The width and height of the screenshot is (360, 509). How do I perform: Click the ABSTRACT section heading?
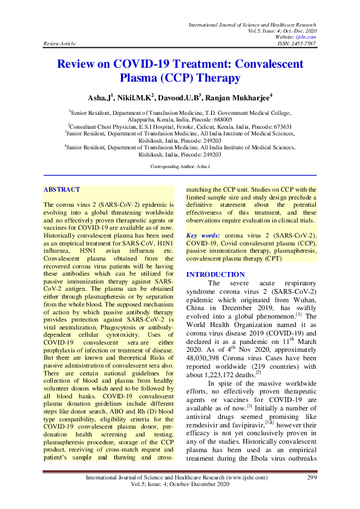tap(62, 189)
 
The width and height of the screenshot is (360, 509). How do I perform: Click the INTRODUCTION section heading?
tap(215, 274)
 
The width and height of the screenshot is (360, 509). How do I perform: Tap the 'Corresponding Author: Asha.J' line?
tap(179, 165)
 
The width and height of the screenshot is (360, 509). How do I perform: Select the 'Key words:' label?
tap(203, 234)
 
